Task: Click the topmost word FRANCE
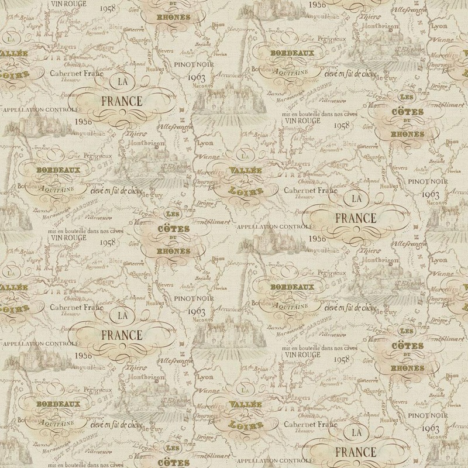[121, 101]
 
